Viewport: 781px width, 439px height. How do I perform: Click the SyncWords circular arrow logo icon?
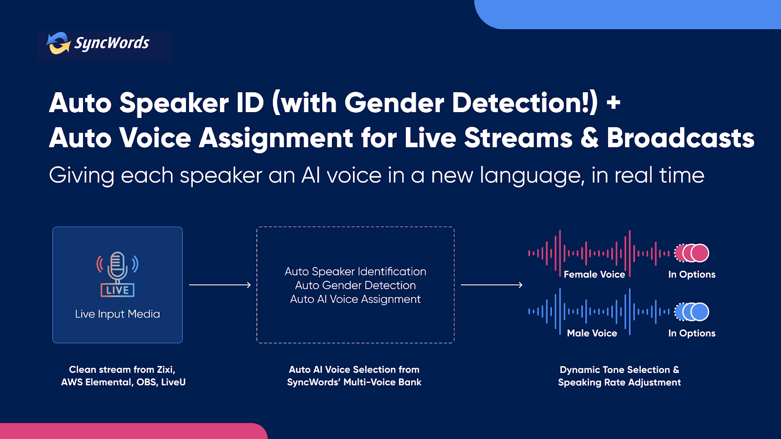tap(59, 43)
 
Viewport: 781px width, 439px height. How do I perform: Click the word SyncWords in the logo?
tap(112, 43)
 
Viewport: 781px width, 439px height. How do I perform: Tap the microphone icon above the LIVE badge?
tap(118, 267)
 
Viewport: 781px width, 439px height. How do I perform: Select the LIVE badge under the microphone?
tap(118, 290)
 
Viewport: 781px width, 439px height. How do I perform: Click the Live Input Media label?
tap(118, 314)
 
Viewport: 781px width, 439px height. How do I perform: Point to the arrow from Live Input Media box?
tap(220, 285)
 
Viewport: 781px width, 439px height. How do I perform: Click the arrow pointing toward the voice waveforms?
tap(492, 285)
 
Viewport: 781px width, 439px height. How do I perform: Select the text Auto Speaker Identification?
tap(355, 271)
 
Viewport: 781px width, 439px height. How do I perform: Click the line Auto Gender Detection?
tap(355, 285)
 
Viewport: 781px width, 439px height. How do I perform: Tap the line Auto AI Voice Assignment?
tap(355, 299)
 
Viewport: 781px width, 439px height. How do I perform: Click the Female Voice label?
tap(595, 275)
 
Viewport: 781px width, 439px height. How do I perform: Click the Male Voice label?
tap(592, 333)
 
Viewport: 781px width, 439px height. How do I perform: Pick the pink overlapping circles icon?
tap(692, 253)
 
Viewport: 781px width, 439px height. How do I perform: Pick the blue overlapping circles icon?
tap(692, 312)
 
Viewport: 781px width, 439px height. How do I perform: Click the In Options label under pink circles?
tap(692, 275)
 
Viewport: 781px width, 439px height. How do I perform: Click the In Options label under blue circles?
tap(692, 333)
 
